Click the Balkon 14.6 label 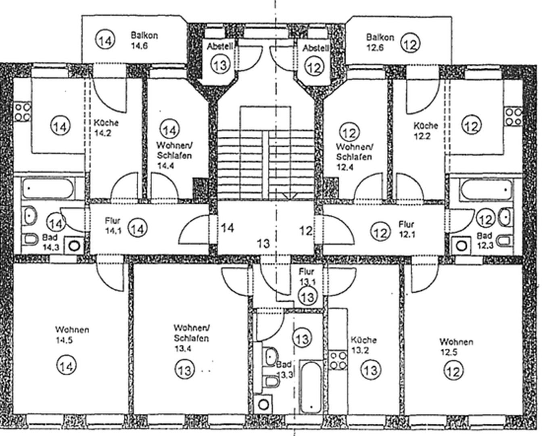[144, 40]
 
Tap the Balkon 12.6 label [380, 42]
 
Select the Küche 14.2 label [106, 128]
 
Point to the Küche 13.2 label [363, 345]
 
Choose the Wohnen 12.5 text [456, 347]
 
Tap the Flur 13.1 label [307, 276]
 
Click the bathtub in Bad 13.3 [312, 386]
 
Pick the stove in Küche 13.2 [338, 360]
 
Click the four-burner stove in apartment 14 [23, 112]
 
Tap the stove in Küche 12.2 [514, 117]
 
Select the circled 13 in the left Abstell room [220, 65]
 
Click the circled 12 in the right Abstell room [314, 67]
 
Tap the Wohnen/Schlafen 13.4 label [192, 338]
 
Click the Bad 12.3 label [485, 240]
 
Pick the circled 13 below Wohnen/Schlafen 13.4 [184, 369]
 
